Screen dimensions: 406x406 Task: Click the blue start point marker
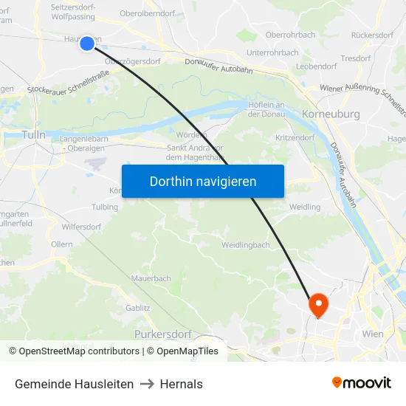[87, 44]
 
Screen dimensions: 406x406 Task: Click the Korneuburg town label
[331, 114]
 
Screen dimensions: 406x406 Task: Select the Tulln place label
[34, 135]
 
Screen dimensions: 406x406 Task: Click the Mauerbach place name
[151, 278]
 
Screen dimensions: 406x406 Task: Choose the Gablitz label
[138, 308]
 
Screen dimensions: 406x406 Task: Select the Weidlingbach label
[246, 244]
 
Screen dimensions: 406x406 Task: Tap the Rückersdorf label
[372, 35]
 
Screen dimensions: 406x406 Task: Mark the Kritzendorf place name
[295, 138]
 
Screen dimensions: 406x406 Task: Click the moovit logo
[361, 382]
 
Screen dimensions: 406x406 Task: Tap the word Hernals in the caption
[181, 384]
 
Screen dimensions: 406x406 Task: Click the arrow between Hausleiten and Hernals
[146, 384]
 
